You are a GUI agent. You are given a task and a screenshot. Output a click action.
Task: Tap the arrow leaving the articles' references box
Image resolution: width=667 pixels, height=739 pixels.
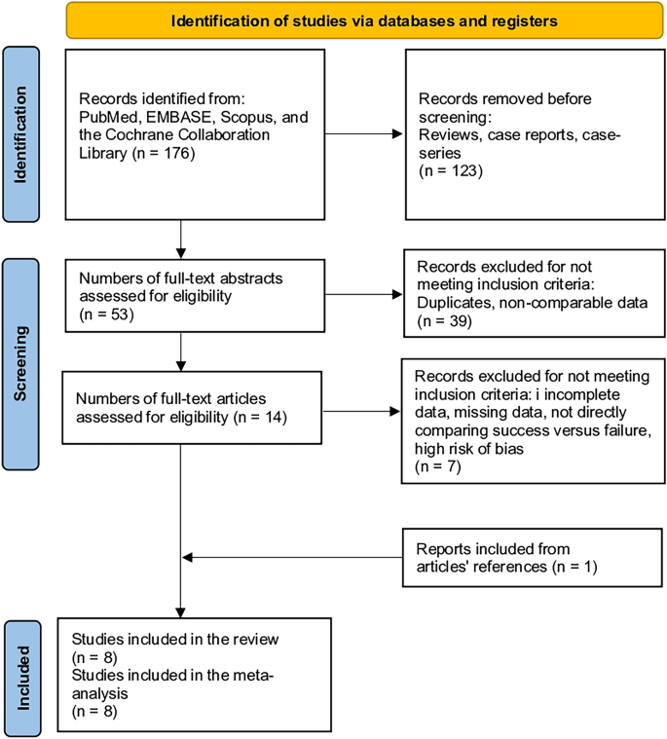coord(292,558)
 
